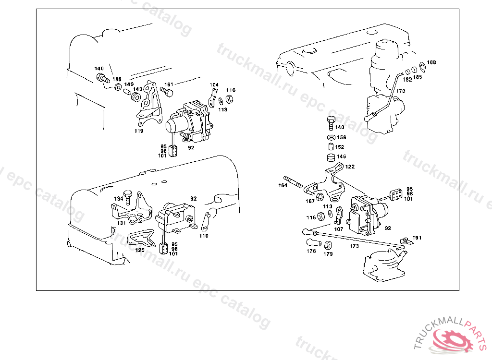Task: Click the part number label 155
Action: (117, 79)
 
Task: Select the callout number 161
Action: (169, 84)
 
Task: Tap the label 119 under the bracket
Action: (139, 131)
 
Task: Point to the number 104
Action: (214, 84)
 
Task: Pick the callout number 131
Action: (121, 223)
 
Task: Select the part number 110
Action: (204, 236)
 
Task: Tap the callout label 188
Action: (431, 62)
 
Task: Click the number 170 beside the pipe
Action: (401, 91)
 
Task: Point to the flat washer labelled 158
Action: (331, 138)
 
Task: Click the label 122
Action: (350, 167)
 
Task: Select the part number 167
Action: (310, 201)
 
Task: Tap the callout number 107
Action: (339, 229)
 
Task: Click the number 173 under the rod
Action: (354, 246)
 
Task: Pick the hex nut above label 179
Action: (328, 246)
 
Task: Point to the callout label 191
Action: (417, 238)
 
